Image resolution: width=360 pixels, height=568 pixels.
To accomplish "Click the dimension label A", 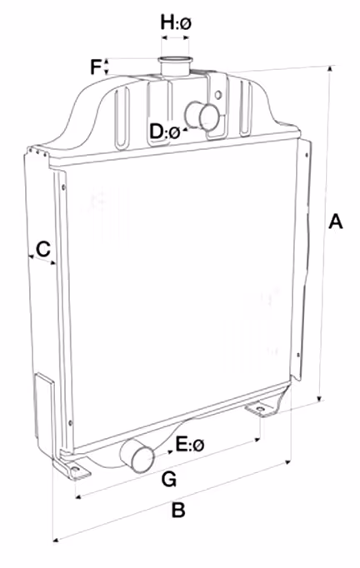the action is tap(335, 222).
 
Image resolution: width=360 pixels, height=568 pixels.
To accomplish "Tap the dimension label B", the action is tap(178, 510).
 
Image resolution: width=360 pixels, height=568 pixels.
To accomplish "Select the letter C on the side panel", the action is tap(43, 249).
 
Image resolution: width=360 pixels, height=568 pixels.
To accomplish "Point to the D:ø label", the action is tap(165, 132).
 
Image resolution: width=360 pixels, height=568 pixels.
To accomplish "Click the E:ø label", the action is tap(190, 444).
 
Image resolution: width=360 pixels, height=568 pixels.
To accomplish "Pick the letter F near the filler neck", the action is tap(96, 67).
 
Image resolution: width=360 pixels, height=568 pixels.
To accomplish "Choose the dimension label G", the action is tap(169, 479).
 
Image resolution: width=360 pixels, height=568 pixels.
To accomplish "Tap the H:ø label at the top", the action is tap(176, 23).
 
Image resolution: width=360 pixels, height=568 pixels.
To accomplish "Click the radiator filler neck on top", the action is tap(174, 66).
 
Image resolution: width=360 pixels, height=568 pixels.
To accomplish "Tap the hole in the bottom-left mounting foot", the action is tap(75, 470).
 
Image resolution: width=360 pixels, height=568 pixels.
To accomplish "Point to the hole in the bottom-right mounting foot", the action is tap(260, 410).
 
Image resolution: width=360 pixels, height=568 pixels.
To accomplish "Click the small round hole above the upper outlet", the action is tap(217, 95).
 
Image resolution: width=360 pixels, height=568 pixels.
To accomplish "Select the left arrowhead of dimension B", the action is tap(56, 541).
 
